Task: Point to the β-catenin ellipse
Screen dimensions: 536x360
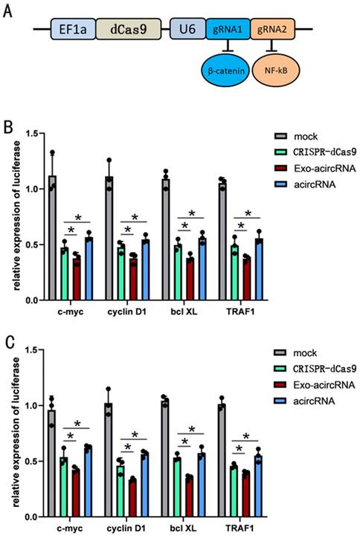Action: pyautogui.click(x=228, y=74)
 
